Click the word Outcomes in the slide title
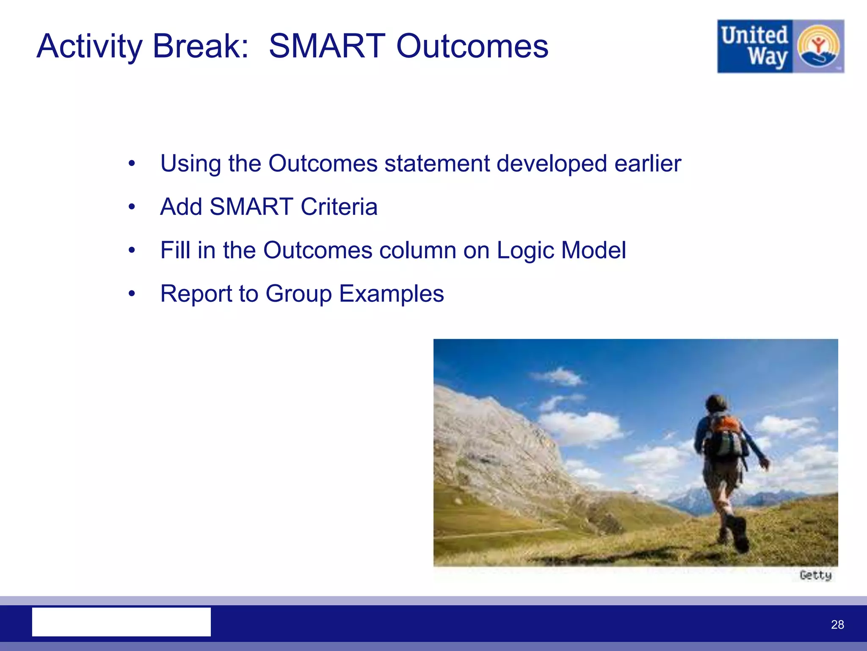(x=472, y=46)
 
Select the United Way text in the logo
(x=755, y=46)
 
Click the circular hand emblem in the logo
(x=818, y=46)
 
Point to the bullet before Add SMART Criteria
(x=132, y=207)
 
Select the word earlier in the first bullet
(x=648, y=163)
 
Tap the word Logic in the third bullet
(x=525, y=250)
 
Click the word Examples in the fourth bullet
(x=392, y=294)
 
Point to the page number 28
(x=837, y=624)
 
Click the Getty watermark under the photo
(x=815, y=575)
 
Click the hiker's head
(x=716, y=402)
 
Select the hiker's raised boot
(x=739, y=534)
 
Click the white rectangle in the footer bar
(x=121, y=622)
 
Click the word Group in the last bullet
(x=298, y=294)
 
